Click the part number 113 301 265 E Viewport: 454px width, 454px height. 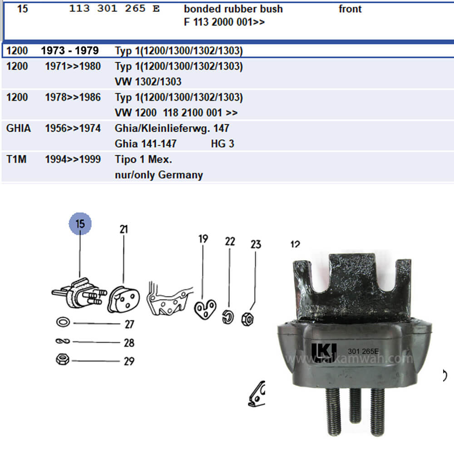tap(114, 9)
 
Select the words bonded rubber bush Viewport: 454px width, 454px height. tap(233, 9)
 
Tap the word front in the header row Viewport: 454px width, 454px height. tap(350, 9)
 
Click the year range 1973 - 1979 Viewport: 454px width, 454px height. tap(70, 50)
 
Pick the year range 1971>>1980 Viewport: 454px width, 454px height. tap(73, 67)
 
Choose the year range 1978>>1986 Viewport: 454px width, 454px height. tap(73, 98)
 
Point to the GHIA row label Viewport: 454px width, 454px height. tap(19, 128)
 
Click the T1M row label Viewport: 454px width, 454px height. tap(16, 160)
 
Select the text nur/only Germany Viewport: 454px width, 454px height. tap(158, 175)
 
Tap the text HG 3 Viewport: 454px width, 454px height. tap(222, 144)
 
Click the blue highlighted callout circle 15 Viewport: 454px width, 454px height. tap(80, 224)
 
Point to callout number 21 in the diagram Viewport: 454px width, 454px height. tap(123, 230)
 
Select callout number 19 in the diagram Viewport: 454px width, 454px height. tap(203, 239)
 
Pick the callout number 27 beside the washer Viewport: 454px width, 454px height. tap(129, 324)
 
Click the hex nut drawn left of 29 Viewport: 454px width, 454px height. tap(62, 360)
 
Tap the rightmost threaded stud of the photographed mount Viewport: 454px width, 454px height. tap(377, 411)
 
